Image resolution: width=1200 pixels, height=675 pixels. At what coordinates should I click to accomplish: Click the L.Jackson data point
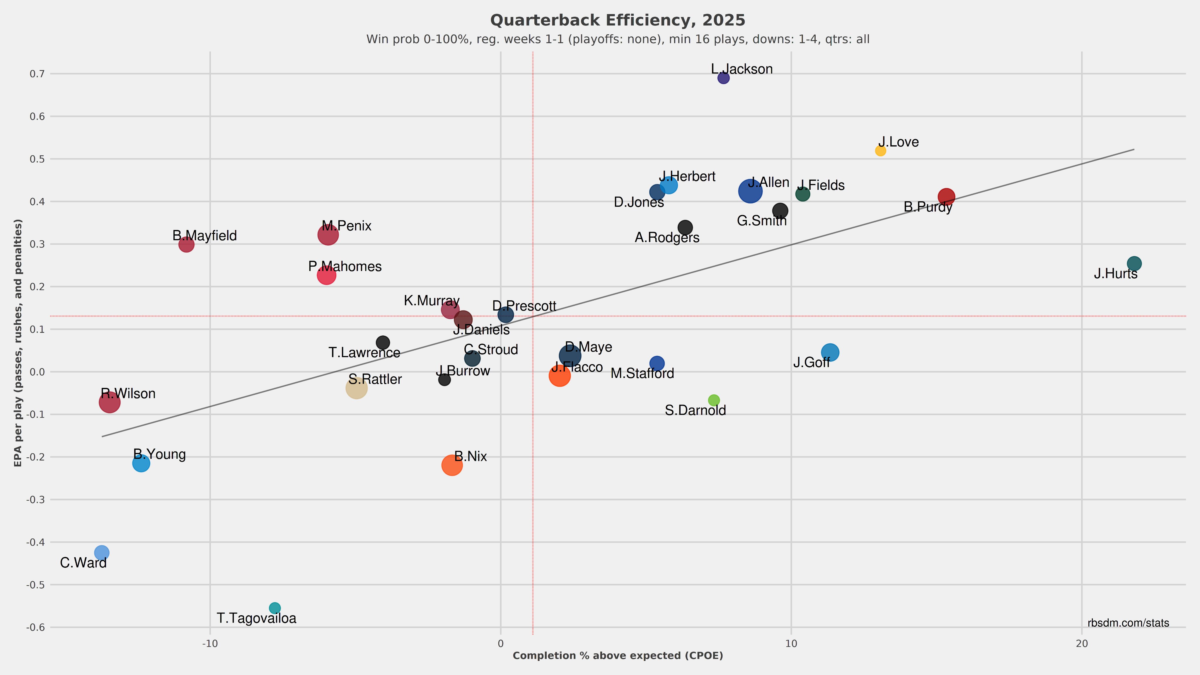pyautogui.click(x=723, y=78)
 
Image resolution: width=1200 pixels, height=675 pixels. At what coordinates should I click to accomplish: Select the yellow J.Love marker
pyautogui.click(x=880, y=151)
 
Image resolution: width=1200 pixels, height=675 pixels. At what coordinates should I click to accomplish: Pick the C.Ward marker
pyautogui.click(x=102, y=553)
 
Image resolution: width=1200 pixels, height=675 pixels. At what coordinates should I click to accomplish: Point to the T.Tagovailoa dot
pyautogui.click(x=275, y=608)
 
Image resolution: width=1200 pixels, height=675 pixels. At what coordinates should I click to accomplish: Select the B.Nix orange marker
pyautogui.click(x=452, y=465)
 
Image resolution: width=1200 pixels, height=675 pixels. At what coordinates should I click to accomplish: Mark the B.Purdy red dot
pyautogui.click(x=946, y=197)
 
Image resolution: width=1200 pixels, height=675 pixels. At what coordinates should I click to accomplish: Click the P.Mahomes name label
pyautogui.click(x=345, y=267)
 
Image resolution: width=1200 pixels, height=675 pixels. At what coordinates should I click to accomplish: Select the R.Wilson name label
pyautogui.click(x=128, y=394)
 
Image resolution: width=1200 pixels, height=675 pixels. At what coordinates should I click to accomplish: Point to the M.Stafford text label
pyautogui.click(x=642, y=374)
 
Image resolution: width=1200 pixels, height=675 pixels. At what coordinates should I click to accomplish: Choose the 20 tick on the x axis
pyautogui.click(x=1082, y=644)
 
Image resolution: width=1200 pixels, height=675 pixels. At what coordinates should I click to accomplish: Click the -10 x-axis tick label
pyautogui.click(x=210, y=644)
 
